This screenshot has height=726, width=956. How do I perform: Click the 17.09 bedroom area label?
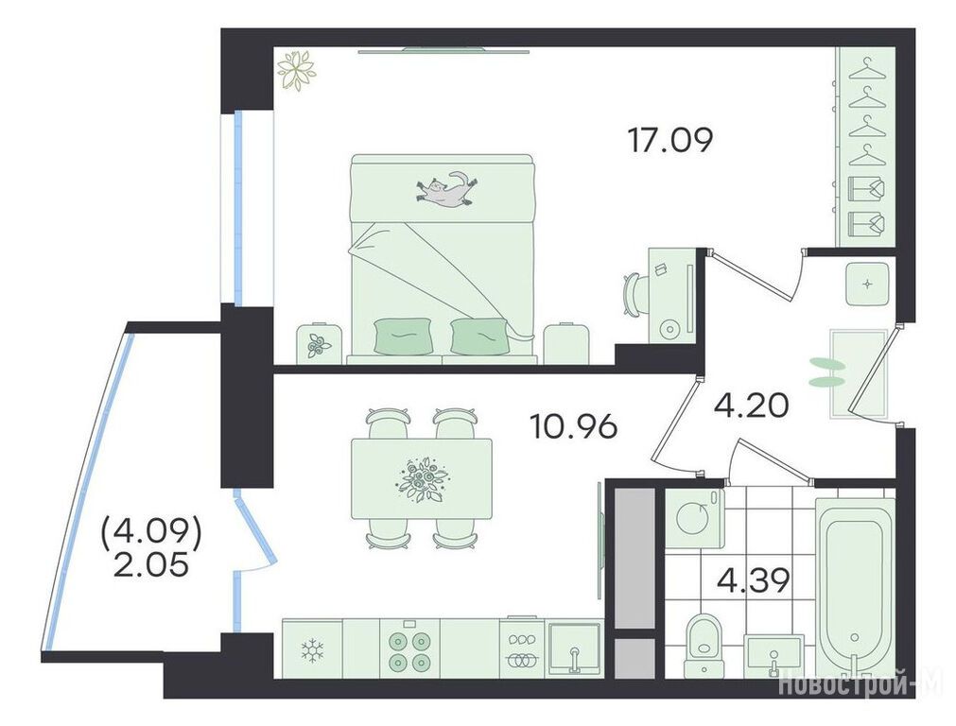pos(669,142)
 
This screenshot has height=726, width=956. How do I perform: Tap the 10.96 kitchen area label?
pos(574,427)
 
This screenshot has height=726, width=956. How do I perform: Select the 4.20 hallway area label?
pos(751,406)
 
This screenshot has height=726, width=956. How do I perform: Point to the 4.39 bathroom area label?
pos(754,581)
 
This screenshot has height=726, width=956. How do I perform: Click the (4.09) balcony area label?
pos(151,534)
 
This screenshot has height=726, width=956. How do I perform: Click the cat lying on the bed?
pos(447,188)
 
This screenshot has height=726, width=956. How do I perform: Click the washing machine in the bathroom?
pos(695,519)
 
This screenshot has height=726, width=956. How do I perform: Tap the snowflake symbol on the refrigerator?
pos(313,650)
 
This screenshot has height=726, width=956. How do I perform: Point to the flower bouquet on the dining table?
pos(422,479)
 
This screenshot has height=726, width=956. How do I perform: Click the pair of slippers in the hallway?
pos(828,373)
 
